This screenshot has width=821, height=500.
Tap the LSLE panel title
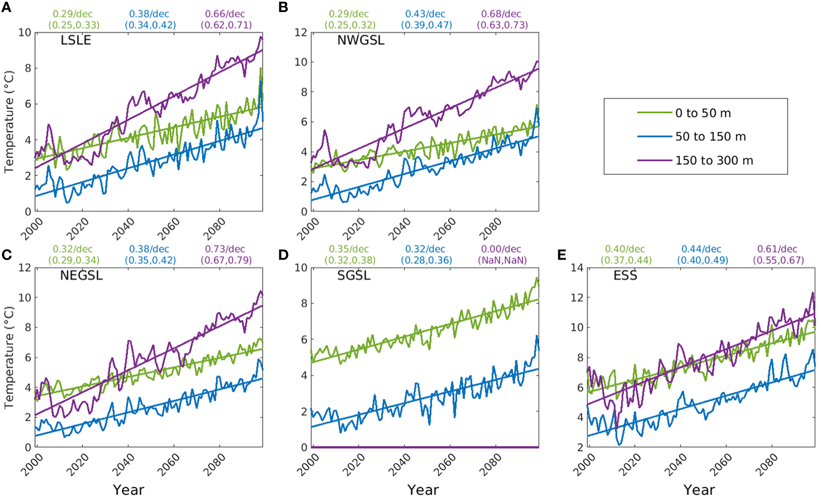coord(76,40)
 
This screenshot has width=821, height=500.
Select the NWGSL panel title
coord(360,40)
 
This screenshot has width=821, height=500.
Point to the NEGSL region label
coord(81,276)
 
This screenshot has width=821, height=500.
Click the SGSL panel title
coord(353,276)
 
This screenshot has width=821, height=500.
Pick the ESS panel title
coord(625,276)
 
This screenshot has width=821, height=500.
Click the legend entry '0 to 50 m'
coord(703,113)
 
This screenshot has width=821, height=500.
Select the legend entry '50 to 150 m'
coord(710,137)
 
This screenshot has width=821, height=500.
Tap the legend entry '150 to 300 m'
coord(714,160)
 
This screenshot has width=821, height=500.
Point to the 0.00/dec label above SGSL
coord(501,249)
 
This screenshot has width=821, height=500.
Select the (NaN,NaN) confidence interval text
coord(502,260)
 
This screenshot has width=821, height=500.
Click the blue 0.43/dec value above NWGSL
coord(425,14)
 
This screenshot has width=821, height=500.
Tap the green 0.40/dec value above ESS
coord(625,249)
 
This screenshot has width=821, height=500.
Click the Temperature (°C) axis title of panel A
coord(8,122)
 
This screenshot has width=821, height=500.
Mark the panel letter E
coord(561,255)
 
